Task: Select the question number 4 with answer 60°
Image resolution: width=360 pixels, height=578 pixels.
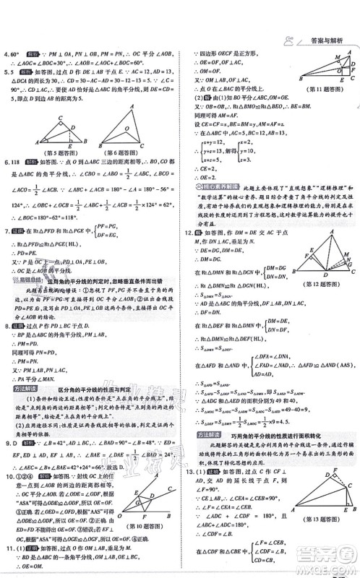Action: (x=6, y=53)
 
